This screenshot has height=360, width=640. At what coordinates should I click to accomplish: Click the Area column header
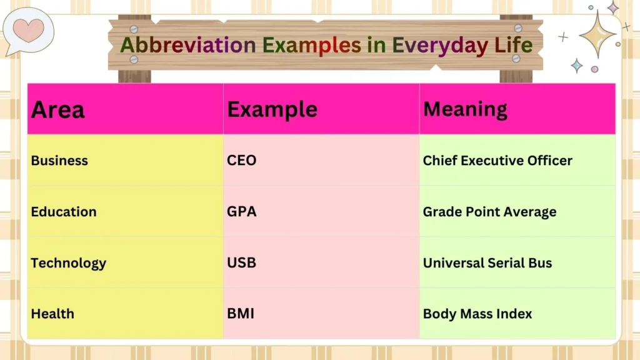57,110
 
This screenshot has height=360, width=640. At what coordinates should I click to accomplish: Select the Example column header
272,110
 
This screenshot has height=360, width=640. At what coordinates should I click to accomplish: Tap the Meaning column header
465,109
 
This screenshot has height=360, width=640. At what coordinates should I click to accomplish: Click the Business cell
59,161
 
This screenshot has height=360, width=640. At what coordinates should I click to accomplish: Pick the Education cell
64,212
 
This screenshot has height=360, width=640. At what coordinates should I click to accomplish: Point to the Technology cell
68,262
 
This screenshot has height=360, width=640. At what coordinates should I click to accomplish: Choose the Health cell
52,314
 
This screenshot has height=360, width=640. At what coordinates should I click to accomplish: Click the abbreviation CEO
242,161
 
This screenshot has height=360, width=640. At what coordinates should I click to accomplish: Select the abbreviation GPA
242,212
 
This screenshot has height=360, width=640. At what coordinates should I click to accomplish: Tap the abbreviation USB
242,262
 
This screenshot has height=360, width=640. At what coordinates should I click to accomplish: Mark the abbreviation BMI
241,314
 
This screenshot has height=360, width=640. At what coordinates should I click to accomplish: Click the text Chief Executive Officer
497,161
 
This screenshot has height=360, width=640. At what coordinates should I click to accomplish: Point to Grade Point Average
489,212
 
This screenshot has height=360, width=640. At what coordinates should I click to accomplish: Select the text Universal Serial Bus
487,262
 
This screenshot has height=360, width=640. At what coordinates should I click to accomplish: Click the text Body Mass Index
477,314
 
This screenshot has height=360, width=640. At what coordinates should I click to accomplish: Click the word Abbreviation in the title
187,45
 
